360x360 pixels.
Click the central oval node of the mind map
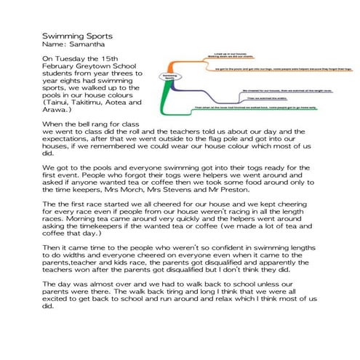pos(169,77)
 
